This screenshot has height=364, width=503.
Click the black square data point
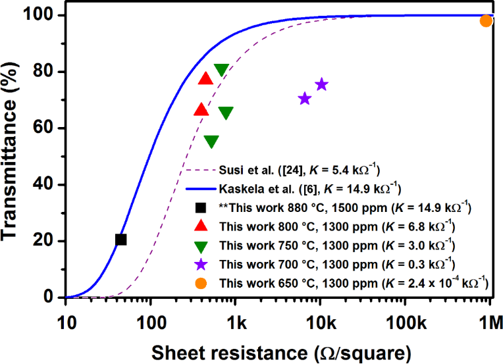(x=120, y=240)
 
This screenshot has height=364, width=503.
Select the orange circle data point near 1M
(x=486, y=21)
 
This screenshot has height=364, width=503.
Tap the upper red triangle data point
(x=205, y=79)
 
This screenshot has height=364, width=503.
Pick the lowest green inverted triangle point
(x=211, y=141)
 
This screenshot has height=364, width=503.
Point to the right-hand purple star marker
(x=321, y=84)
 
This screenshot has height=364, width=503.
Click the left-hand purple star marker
(x=304, y=99)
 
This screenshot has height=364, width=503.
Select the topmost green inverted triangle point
(x=221, y=70)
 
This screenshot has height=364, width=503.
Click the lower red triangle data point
(x=201, y=110)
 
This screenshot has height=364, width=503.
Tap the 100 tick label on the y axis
(x=43, y=15)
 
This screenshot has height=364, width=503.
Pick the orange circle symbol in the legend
(x=201, y=283)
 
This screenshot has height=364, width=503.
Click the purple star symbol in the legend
(x=201, y=264)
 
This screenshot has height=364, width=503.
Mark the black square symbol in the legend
(x=201, y=209)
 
